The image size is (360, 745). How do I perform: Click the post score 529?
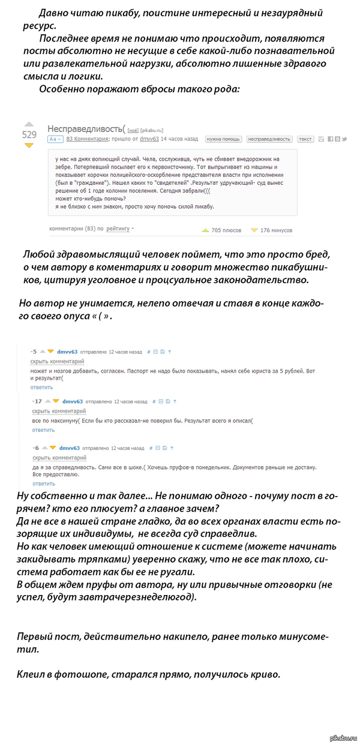click(x=29, y=135)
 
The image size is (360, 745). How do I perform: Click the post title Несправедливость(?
click(x=86, y=128)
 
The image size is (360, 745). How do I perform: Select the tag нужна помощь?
click(x=223, y=139)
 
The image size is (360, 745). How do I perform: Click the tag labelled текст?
click(x=305, y=139)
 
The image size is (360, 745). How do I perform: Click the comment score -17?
click(x=37, y=401)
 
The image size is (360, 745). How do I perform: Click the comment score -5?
click(x=34, y=352)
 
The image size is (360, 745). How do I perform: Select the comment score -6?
click(x=36, y=447)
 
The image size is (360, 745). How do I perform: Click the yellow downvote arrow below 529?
click(x=29, y=146)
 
